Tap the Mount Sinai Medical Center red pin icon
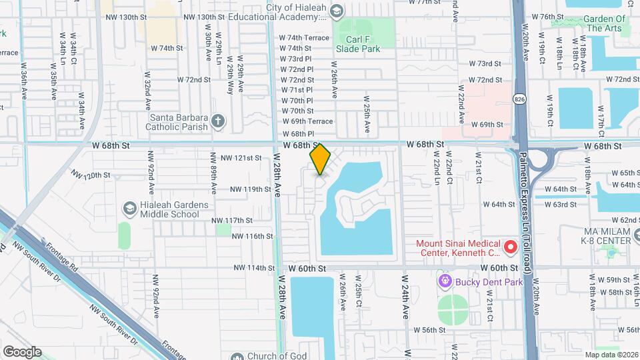[511, 248]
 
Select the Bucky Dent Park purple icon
[444, 281]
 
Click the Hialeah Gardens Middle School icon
[129, 209]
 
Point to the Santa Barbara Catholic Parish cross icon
[217, 121]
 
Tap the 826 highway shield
[519, 99]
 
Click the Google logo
[22, 351]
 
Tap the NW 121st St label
[240, 158]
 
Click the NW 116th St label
[251, 236]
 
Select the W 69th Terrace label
[307, 121]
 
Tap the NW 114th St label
[254, 268]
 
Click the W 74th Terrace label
[304, 38]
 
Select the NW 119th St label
[250, 189]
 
